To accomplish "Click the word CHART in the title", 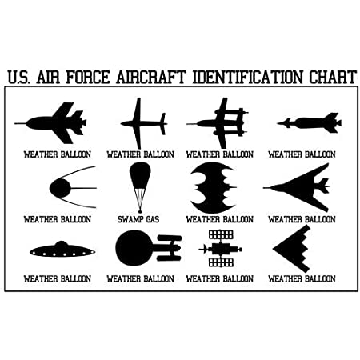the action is click(333, 77).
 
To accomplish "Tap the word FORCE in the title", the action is click(88, 77).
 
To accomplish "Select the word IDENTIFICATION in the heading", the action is click(248, 77).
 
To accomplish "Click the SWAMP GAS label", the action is click(138, 219).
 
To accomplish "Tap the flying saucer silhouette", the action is click(62, 250).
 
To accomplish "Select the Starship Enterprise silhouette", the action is click(148, 248).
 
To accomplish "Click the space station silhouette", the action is click(221, 249).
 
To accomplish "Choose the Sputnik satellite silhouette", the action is click(73, 187).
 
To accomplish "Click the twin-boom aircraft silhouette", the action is click(218, 123).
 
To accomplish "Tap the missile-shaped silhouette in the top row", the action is click(310, 123).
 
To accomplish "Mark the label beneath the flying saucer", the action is click(58, 278).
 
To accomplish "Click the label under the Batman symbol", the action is click(220, 219).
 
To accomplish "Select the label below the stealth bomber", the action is click(302, 278).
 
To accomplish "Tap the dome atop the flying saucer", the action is click(62, 243).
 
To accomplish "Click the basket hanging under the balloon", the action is click(140, 211).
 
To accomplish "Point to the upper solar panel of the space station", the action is click(221, 234).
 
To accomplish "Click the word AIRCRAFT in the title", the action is click(151, 77).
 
